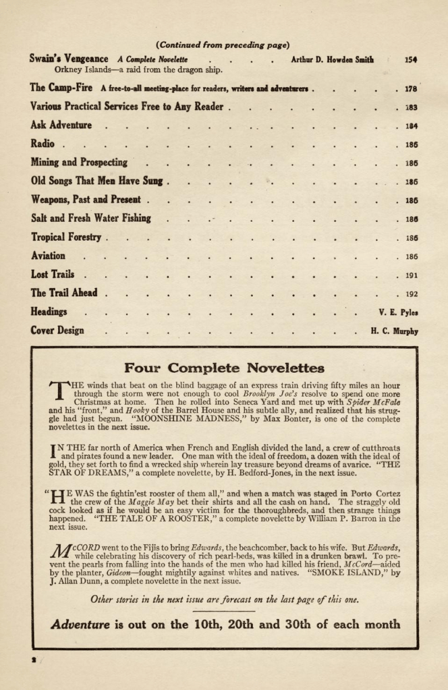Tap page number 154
coord(411,59)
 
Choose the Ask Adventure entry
coord(61,125)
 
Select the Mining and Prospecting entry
coord(79,162)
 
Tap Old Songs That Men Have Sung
coord(97,181)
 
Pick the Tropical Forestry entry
coord(66,237)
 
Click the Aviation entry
coord(48,256)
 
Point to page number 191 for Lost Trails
coord(411,275)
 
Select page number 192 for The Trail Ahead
coord(411,293)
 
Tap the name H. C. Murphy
coord(394,331)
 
